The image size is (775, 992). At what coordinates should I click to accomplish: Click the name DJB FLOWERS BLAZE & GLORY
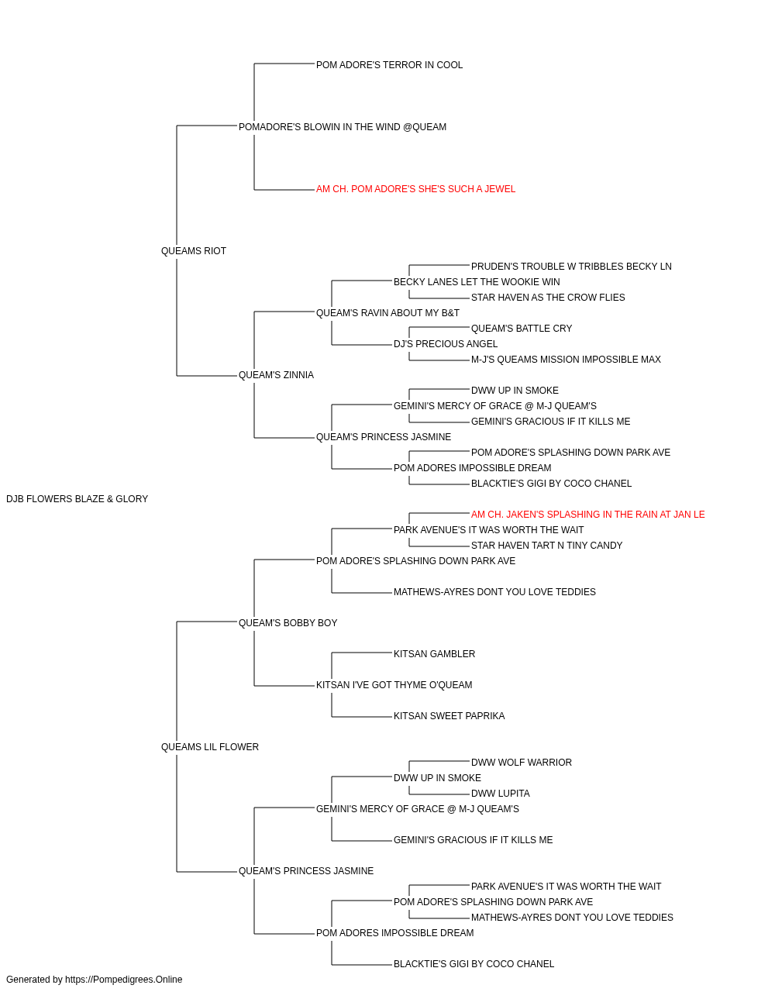[77, 499]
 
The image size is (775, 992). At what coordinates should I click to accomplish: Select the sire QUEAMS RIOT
[194, 251]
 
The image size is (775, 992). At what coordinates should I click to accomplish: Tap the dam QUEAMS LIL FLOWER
[210, 747]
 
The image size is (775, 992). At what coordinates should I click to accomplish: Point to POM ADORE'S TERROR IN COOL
[389, 65]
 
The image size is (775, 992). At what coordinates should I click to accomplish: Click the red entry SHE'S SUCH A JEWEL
[416, 189]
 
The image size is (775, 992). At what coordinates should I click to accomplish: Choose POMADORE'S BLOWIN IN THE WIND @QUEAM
[343, 127]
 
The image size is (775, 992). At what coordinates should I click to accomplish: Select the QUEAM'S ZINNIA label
[276, 375]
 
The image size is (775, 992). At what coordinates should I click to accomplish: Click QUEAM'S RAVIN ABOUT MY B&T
[387, 312]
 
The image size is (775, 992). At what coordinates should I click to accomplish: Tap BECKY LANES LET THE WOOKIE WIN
[477, 281]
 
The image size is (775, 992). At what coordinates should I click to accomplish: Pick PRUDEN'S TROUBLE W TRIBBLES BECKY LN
[571, 266]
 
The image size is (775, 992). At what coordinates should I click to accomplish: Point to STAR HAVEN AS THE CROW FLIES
[548, 297]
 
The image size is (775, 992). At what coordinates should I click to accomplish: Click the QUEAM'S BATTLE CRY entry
[522, 329]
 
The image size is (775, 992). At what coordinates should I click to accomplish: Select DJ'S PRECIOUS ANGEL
[446, 344]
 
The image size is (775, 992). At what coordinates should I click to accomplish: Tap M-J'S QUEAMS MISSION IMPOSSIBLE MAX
[566, 360]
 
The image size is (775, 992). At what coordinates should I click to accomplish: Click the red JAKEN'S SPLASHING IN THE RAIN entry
[588, 515]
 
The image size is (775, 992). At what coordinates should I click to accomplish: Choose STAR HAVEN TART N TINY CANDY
[547, 546]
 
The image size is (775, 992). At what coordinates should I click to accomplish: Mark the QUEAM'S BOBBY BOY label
[288, 623]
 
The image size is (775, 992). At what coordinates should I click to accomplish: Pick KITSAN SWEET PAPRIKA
[449, 716]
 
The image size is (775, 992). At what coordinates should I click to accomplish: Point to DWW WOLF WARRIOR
[522, 763]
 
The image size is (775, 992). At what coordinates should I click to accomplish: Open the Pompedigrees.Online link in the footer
[124, 980]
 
